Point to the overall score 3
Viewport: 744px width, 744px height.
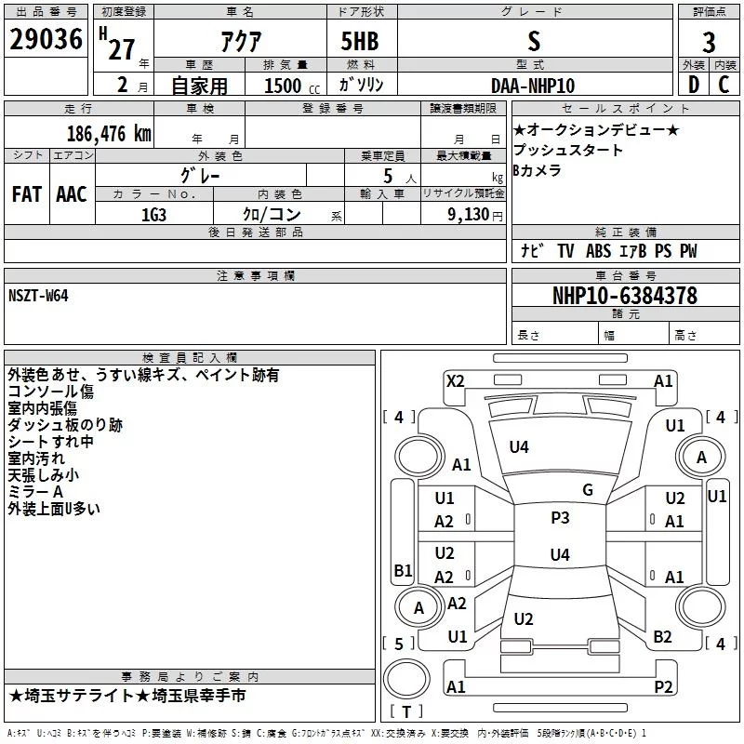709,42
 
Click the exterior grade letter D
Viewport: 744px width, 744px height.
693,85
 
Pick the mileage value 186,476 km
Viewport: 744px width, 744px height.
109,132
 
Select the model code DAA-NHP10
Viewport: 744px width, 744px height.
533,86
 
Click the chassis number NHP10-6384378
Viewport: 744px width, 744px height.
624,296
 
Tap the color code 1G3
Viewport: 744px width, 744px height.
153,213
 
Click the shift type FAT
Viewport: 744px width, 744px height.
27,193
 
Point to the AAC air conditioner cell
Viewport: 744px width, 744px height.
72,193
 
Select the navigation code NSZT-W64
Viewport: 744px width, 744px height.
38,295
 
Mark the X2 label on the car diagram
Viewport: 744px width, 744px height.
455,380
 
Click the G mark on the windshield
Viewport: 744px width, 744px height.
587,490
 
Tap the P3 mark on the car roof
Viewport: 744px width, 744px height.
560,518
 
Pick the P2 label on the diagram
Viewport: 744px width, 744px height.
663,687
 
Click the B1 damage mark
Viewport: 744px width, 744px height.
403,570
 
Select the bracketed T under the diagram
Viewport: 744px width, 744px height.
406,711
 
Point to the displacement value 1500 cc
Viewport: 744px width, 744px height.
286,86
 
